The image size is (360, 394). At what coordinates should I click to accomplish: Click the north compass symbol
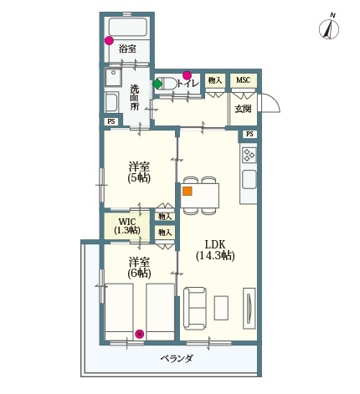[329, 28]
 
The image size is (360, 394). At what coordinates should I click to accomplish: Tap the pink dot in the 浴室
[109, 39]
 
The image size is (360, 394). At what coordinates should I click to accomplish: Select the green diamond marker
[157, 84]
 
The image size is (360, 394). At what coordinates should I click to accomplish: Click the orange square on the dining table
[187, 191]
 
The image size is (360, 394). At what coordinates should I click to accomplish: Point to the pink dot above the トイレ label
[187, 74]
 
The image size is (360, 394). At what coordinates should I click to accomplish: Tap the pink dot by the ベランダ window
[139, 334]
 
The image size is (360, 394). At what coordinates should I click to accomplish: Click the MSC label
[243, 80]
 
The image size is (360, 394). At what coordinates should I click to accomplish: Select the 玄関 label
[243, 109]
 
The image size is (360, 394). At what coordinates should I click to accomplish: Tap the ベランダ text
[177, 358]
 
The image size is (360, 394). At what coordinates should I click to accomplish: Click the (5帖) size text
[139, 178]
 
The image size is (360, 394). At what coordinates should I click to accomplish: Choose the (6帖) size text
[139, 273]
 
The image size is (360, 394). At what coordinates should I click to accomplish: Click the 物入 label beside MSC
[215, 80]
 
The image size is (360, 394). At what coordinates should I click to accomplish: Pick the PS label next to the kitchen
[249, 134]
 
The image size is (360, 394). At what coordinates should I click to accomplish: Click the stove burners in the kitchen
[249, 154]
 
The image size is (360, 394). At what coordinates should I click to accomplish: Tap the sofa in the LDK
[195, 307]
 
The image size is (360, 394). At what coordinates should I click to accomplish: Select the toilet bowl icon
[167, 84]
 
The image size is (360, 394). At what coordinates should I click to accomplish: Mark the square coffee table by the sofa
[221, 307]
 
